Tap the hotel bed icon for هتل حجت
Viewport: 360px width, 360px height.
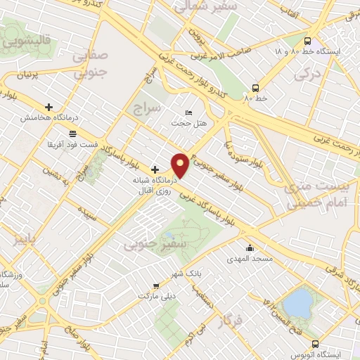point(188,112)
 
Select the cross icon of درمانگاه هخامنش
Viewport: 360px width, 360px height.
point(49,107)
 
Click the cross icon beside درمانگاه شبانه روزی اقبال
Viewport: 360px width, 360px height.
point(155,169)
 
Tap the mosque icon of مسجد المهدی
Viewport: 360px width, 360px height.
point(250,247)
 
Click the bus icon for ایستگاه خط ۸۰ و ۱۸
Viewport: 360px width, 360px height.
point(307,41)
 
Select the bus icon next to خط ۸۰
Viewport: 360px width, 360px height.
point(255,88)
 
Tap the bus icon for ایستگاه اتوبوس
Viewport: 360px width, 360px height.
point(314,344)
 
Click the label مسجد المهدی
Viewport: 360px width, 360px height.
point(243,259)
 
